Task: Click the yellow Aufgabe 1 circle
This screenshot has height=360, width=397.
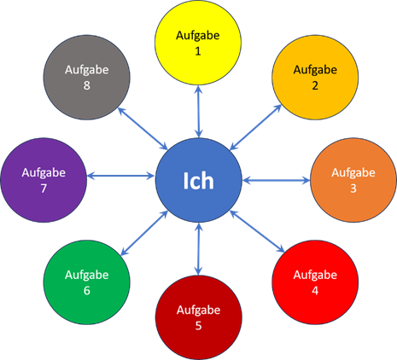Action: click(x=198, y=43)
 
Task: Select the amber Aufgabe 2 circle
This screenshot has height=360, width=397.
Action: click(x=315, y=77)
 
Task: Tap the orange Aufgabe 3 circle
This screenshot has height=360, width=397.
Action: click(x=353, y=180)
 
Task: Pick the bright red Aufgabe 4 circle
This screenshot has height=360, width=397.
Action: click(x=315, y=282)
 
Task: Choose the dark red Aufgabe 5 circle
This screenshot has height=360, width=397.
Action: click(x=199, y=317)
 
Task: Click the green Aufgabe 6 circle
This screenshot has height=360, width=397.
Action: click(x=87, y=282)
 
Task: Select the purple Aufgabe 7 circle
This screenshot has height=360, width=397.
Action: click(x=44, y=180)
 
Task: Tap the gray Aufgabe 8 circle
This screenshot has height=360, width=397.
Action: click(x=87, y=77)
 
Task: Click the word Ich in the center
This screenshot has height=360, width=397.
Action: click(x=198, y=181)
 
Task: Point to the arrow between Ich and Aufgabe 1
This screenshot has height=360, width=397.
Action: click(x=199, y=112)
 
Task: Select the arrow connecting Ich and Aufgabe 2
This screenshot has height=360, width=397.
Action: click(x=255, y=127)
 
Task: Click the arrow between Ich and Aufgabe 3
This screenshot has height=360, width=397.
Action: click(x=277, y=180)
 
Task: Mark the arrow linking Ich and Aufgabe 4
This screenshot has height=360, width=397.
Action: click(x=257, y=231)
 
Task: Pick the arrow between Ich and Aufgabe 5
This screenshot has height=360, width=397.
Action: click(x=199, y=249)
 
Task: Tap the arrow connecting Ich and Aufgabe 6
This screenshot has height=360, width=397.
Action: click(x=144, y=233)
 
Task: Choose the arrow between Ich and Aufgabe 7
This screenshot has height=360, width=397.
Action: click(x=120, y=176)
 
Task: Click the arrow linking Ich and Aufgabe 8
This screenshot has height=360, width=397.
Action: click(x=143, y=129)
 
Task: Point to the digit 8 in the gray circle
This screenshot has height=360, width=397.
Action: click(x=87, y=85)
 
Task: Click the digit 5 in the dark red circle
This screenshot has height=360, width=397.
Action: click(x=198, y=326)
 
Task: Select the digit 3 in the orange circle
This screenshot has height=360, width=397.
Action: click(x=353, y=189)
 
